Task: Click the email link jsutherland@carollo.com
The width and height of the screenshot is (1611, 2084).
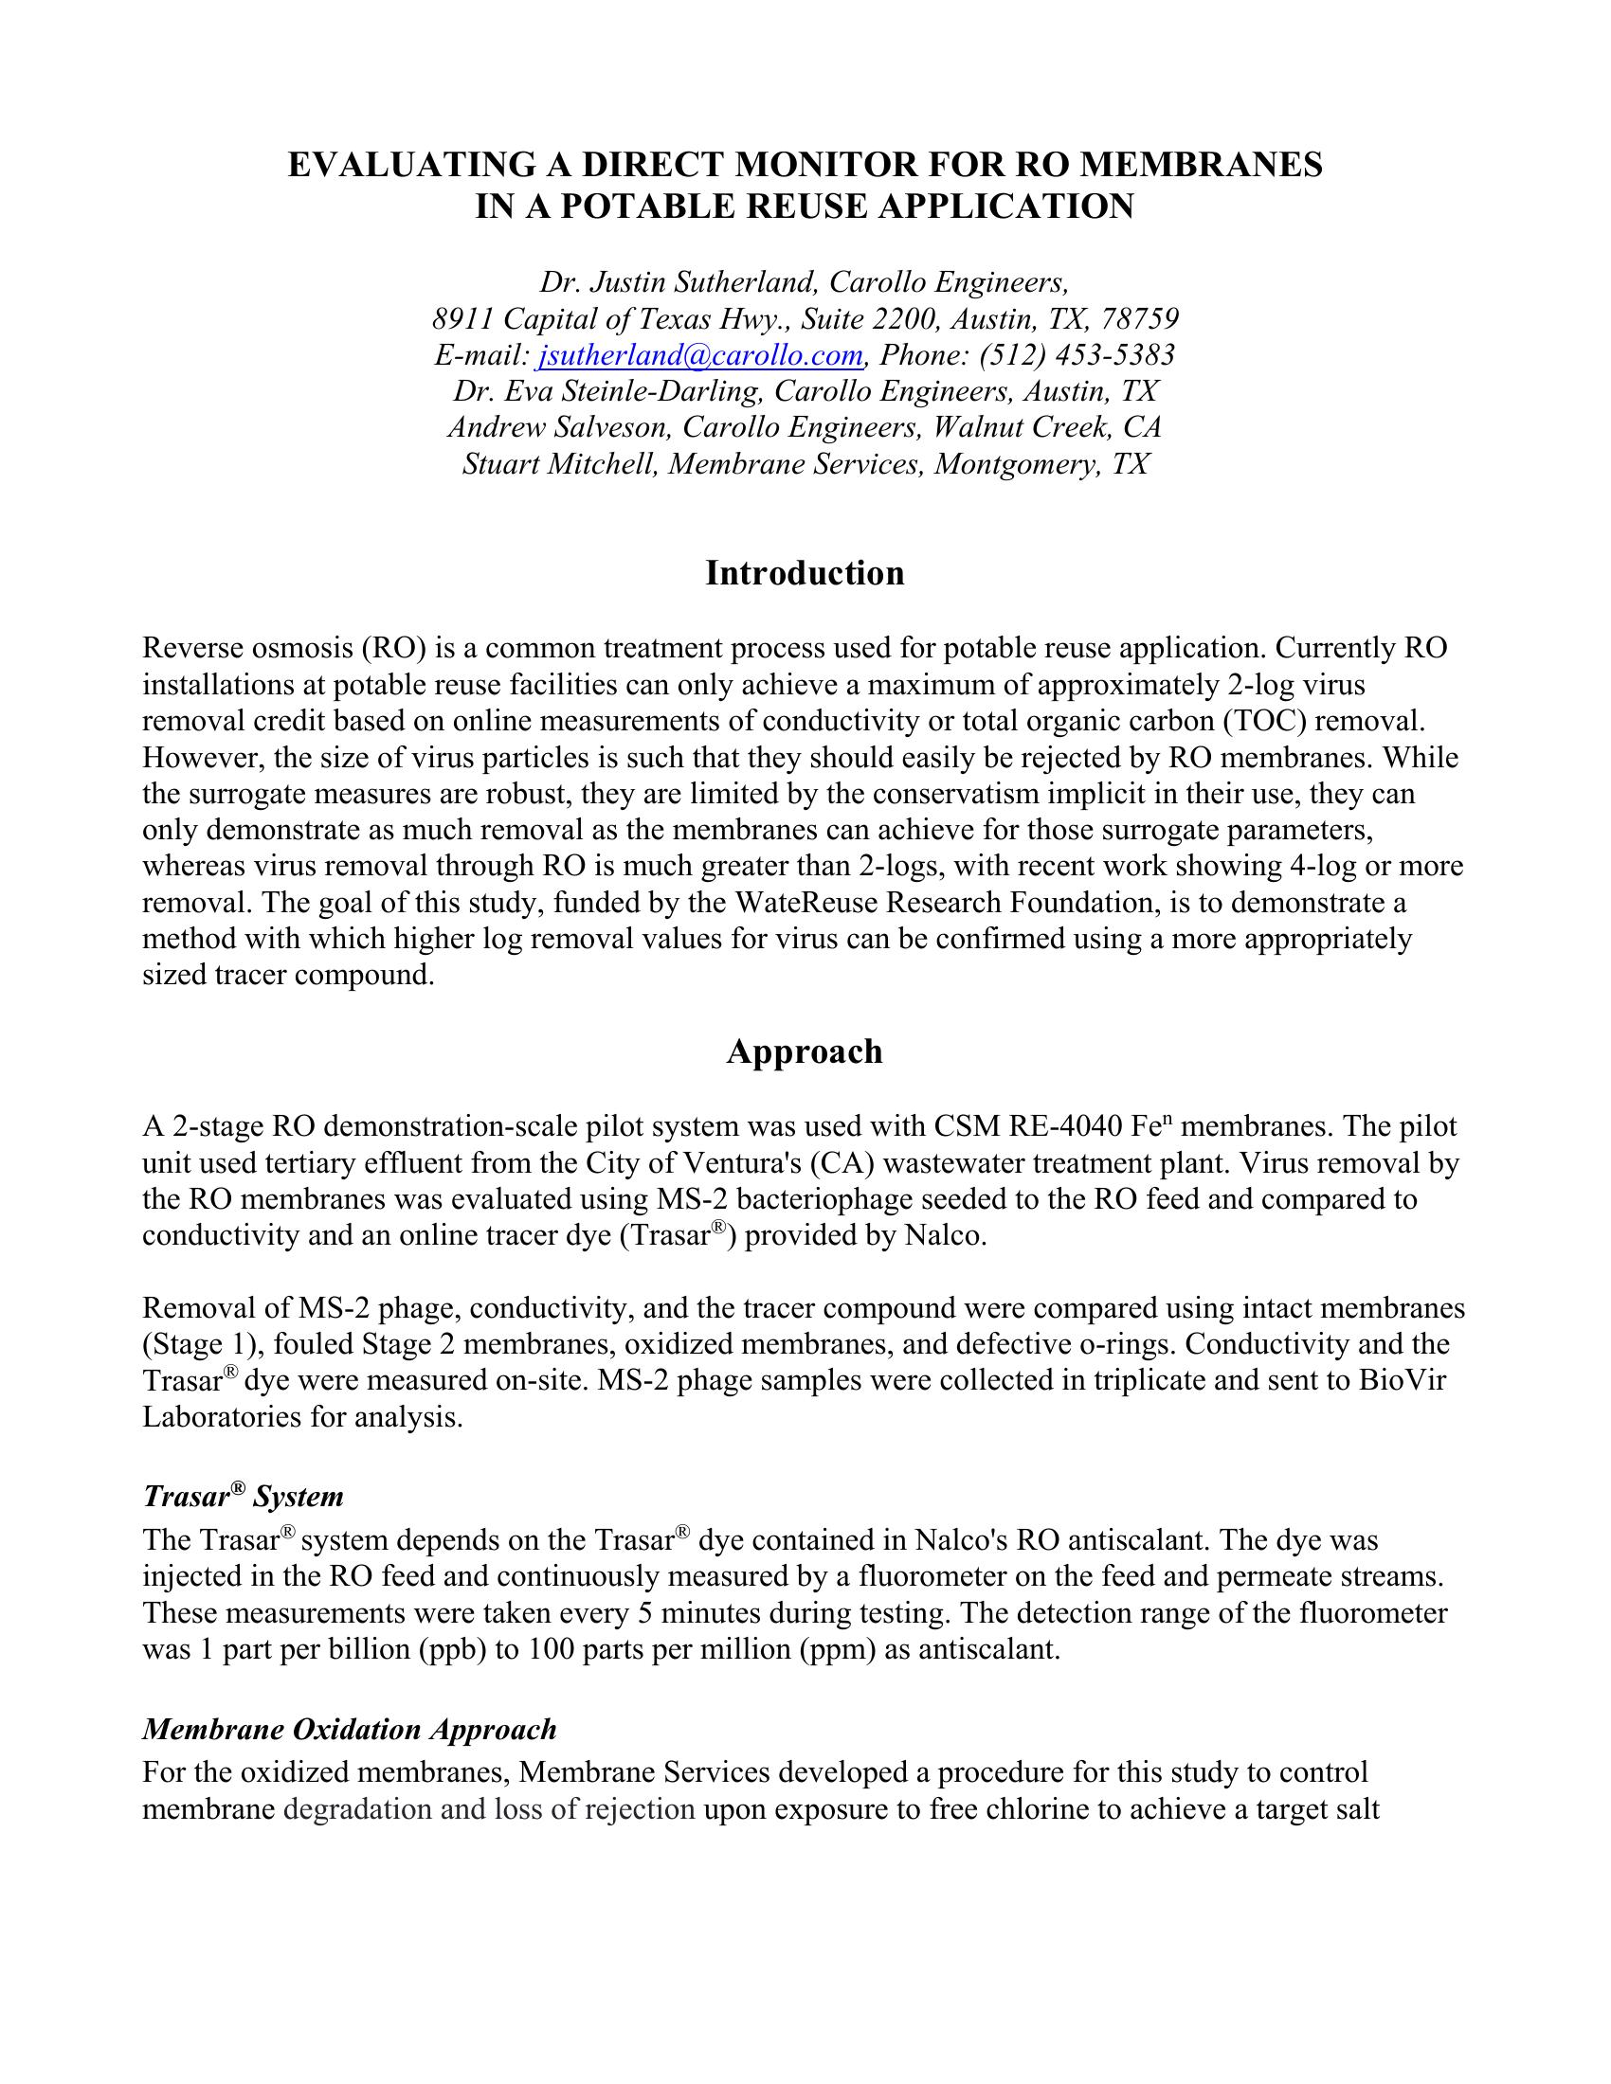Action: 699,355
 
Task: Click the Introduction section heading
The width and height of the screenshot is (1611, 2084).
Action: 805,572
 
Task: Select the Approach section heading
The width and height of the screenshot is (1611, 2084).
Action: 805,1051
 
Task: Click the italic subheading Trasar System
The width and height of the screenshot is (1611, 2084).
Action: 243,1496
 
